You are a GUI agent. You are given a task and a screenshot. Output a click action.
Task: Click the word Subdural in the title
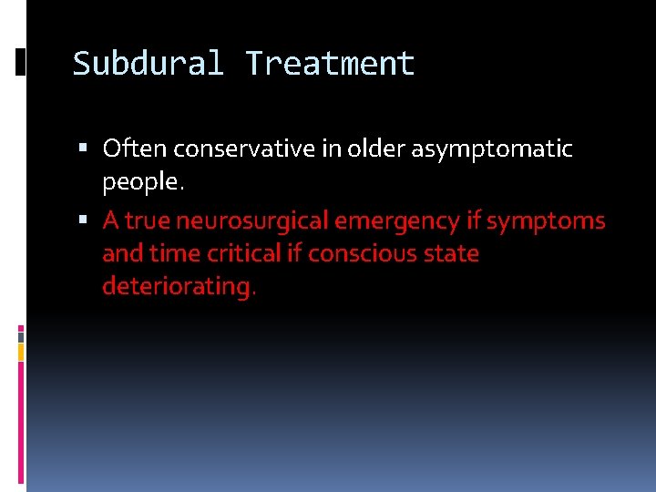(x=149, y=64)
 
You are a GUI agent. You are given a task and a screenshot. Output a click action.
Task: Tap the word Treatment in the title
(x=330, y=64)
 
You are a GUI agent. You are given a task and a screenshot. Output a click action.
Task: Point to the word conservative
(x=230, y=148)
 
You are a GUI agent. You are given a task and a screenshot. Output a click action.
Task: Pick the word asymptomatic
(x=492, y=149)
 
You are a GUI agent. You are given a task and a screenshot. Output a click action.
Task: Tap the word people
(x=143, y=181)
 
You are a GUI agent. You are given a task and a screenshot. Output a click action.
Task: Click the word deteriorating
(x=179, y=286)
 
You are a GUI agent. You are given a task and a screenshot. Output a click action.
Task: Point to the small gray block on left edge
(x=21, y=335)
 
